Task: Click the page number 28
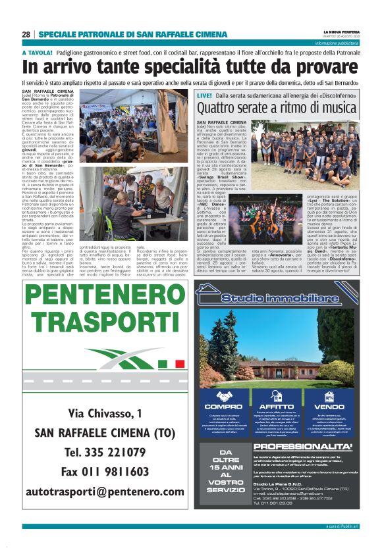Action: tap(26, 35)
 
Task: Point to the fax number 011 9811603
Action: tap(105, 472)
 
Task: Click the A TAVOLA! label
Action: tap(37, 52)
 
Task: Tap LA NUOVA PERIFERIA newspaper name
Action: tap(341, 32)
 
